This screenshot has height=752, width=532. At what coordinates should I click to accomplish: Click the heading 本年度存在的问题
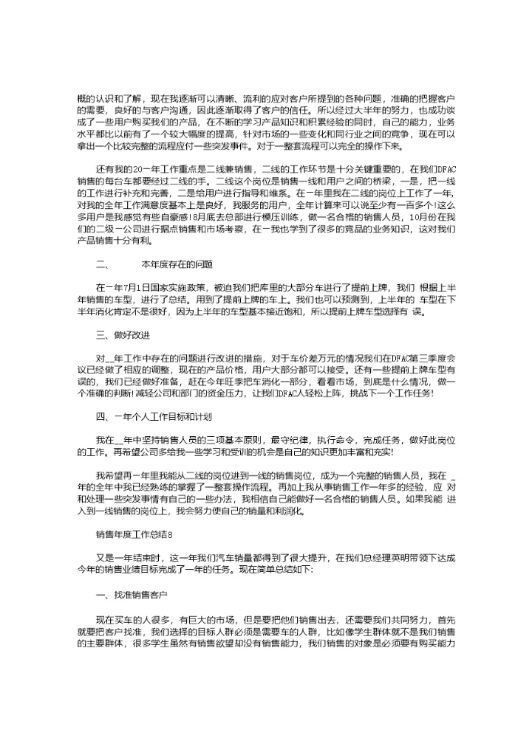coord(177,263)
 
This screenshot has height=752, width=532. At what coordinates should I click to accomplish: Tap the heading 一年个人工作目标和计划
coord(154,417)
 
